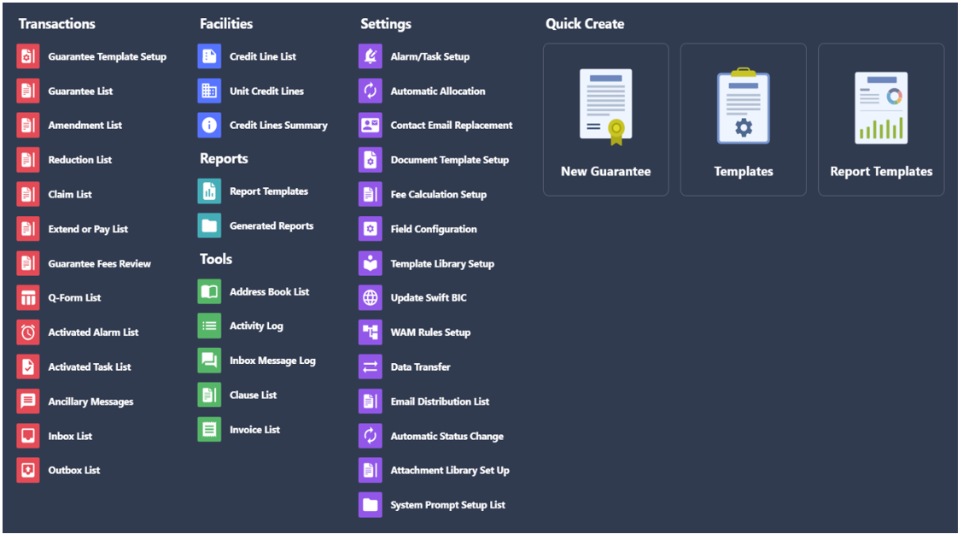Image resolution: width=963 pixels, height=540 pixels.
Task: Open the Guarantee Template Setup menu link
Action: coord(107,56)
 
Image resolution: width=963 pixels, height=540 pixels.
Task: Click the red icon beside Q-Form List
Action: coord(28,298)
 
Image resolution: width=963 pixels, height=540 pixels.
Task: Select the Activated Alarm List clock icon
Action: coord(28,332)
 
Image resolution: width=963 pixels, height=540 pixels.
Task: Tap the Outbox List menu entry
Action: coord(73,471)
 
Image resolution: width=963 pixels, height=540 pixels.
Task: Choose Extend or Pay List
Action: coord(88,229)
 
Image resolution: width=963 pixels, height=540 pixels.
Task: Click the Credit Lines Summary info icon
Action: coord(209,126)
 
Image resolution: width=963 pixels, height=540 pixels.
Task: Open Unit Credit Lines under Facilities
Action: coord(266,91)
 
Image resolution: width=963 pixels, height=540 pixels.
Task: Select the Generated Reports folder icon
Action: coord(209,226)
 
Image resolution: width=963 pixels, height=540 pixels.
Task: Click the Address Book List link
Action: coord(269,292)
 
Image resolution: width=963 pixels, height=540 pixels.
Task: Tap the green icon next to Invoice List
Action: coord(209,430)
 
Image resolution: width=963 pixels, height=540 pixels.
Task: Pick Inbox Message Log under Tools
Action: coord(272,361)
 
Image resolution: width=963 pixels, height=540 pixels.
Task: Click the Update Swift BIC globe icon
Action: coord(371,298)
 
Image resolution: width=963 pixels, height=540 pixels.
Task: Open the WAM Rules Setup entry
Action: coord(430,332)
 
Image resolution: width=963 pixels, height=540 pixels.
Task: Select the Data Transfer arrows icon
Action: coord(371,367)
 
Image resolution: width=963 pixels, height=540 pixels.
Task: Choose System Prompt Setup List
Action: coord(447,505)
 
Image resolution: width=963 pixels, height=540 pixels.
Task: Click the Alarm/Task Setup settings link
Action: coord(430,56)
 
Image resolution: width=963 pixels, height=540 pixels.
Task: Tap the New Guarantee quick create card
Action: coord(605,120)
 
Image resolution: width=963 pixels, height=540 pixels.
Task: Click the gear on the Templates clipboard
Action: coord(743,128)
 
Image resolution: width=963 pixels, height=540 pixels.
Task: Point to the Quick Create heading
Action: coord(585,24)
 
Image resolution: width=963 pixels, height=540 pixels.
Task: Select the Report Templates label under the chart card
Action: coord(881,172)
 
